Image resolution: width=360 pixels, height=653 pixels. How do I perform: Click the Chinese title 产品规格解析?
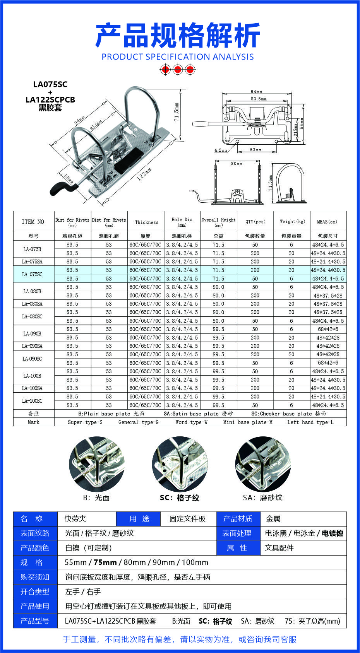[x=177, y=36]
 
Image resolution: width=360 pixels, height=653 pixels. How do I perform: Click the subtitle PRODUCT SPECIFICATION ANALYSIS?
[x=177, y=57]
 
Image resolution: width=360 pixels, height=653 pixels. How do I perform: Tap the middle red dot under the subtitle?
[x=178, y=70]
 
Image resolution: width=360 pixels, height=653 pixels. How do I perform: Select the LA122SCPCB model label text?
[x=50, y=99]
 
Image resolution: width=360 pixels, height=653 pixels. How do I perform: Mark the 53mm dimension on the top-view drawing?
[x=255, y=150]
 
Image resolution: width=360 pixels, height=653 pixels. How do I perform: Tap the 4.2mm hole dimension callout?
[x=221, y=150]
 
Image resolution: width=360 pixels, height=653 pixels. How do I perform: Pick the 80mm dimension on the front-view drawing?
[x=237, y=164]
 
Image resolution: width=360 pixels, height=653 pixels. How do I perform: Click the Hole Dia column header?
[x=182, y=222]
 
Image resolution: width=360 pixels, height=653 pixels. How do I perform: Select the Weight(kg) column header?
[x=292, y=222]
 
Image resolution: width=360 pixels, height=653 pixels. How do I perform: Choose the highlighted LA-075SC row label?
[x=33, y=274]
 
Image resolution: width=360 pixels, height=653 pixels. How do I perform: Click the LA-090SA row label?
[x=33, y=346]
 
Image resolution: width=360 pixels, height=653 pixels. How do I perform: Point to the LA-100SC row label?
[x=33, y=401]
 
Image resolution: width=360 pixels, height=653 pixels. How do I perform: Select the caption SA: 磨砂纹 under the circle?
[x=262, y=497]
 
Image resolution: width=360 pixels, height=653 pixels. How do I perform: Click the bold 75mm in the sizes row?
[x=105, y=562]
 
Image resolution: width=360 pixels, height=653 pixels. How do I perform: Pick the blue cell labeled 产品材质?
[x=238, y=519]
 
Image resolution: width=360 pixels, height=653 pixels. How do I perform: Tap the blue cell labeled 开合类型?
[x=35, y=591]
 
